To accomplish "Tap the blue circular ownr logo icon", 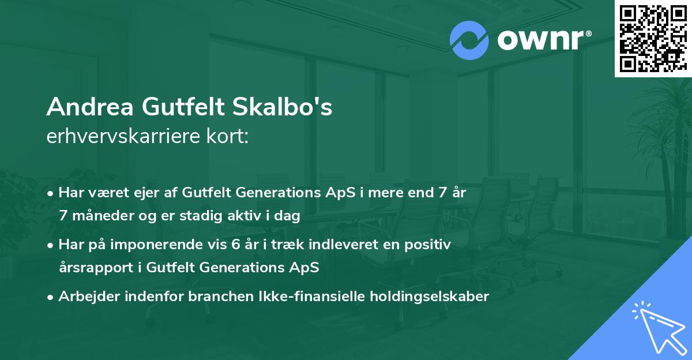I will pos(469,40).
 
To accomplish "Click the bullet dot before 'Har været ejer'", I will pos(51,193).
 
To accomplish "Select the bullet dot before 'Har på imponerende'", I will pos(51,245).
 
